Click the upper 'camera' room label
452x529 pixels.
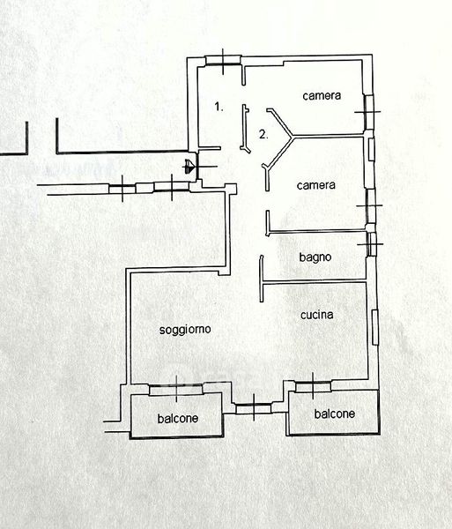pos(322,96)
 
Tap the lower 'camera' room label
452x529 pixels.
pos(316,185)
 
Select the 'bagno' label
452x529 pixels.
pos(315,257)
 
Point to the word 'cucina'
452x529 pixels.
pos(317,315)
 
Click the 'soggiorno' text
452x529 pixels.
pos(185,330)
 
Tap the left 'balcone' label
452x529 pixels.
pos(178,419)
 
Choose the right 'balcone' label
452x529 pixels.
pos(334,414)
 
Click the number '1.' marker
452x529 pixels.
pos(219,107)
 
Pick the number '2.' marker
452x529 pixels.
pos(263,135)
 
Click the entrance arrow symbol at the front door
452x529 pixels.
pos(190,167)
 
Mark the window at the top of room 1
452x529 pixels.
pos(223,61)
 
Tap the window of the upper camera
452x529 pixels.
pos(369,112)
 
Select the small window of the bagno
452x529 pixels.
pos(371,244)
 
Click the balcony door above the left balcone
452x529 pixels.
pos(176,390)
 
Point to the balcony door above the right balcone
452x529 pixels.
pos(313,386)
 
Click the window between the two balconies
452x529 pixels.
pos(254,408)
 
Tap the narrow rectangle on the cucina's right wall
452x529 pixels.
pos(375,327)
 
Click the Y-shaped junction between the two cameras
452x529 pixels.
pos(293,137)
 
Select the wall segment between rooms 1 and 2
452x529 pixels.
pos(245,128)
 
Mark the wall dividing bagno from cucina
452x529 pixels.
pos(314,281)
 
